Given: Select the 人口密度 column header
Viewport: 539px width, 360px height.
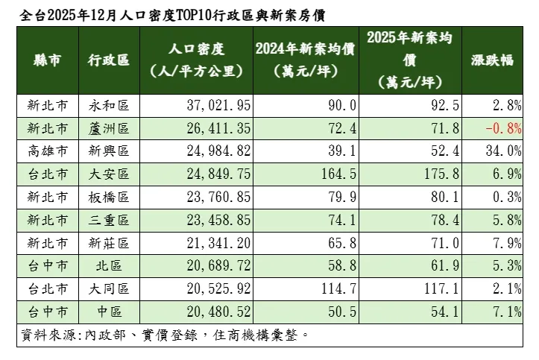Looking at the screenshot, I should (197, 60).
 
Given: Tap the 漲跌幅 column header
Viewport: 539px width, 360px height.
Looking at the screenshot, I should (493, 60).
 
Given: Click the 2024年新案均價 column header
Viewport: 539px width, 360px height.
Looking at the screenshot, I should (303, 60).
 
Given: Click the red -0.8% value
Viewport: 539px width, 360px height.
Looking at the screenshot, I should (502, 129).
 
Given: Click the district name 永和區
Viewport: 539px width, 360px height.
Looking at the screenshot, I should (108, 106).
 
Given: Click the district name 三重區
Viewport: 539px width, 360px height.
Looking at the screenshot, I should (108, 221).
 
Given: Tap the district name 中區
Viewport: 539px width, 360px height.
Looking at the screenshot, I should (108, 312).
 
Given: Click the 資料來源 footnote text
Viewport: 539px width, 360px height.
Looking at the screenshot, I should (164, 334).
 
